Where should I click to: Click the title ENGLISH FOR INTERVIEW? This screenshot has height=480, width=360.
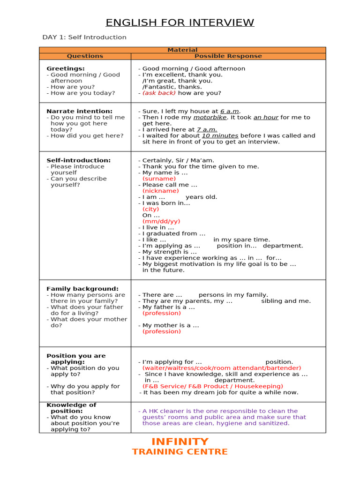[x=180, y=22]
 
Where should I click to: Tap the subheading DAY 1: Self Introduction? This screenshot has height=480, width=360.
[x=84, y=37]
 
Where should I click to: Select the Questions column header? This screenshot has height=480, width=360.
[x=85, y=56]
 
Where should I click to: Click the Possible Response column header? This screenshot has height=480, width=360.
[x=228, y=56]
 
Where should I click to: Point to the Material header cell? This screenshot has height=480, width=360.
[x=182, y=50]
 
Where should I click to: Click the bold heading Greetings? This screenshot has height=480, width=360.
[x=66, y=68]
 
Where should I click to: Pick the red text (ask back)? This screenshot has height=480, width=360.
[x=159, y=93]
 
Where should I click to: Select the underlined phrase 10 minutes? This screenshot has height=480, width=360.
[x=220, y=135]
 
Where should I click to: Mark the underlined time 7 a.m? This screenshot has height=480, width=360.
[x=207, y=129]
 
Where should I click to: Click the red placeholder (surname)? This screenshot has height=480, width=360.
[x=159, y=179]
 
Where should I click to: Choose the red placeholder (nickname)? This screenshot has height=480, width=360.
[x=160, y=191]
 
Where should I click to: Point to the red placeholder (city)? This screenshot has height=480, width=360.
[x=150, y=209]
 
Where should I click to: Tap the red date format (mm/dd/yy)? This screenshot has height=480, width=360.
[x=161, y=221]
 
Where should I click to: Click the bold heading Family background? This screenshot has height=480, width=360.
[x=82, y=289]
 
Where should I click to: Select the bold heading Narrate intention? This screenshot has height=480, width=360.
[x=79, y=111]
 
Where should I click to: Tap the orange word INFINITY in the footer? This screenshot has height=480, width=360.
[x=180, y=442]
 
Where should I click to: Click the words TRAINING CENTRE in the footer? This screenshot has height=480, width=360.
[x=180, y=452]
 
